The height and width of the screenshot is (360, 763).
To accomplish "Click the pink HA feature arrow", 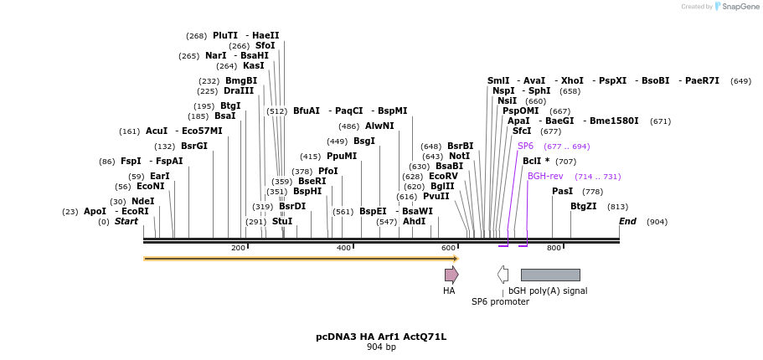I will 451,275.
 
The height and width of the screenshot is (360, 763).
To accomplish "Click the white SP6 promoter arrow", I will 503,275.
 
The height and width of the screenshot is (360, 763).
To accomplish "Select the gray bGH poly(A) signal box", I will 550,275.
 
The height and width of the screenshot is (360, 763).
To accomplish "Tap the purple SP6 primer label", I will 525,146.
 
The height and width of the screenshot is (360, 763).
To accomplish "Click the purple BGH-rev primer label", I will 545,176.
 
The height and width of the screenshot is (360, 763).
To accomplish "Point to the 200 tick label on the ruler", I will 238,248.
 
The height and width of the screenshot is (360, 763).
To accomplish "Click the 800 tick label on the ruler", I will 554,248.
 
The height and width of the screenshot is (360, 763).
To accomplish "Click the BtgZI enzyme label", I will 584,206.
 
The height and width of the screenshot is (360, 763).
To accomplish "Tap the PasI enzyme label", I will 562,192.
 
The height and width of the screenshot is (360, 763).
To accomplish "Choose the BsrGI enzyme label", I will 194,146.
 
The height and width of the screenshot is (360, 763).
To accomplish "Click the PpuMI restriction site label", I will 342,156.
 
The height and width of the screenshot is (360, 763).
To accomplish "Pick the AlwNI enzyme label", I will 379,126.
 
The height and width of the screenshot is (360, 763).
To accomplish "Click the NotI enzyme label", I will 459,156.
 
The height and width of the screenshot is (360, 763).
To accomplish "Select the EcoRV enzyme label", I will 443,176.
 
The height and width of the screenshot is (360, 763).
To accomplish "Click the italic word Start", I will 126,221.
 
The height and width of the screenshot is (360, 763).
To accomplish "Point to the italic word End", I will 627,221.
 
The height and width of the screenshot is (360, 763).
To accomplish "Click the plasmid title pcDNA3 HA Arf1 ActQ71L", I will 381,337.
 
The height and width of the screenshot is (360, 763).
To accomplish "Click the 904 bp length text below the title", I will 381,347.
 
